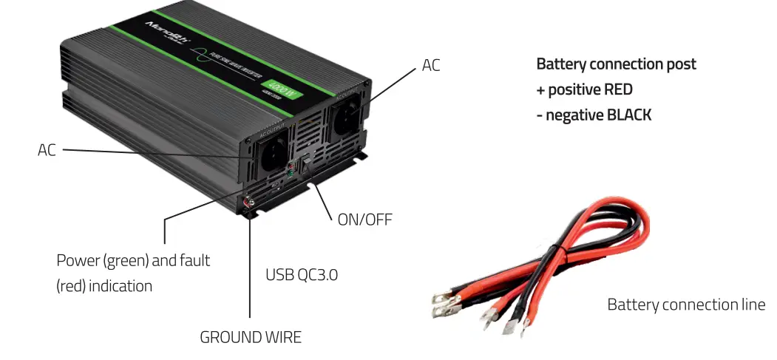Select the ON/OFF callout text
click(x=364, y=220)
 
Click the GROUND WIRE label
click(x=251, y=338)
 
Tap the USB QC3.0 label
click(x=302, y=275)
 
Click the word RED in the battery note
click(x=618, y=89)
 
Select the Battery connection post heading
click(x=616, y=64)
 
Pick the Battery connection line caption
click(x=686, y=305)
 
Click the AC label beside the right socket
click(x=431, y=65)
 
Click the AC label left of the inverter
click(x=47, y=150)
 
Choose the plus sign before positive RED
click(x=540, y=89)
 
